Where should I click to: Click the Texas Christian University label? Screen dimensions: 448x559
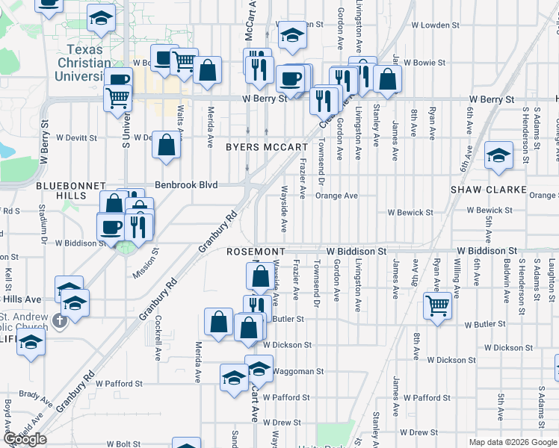[83, 63]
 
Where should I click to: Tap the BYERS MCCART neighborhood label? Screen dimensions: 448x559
[267, 148]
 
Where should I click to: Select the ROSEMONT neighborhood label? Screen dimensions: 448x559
[256, 252]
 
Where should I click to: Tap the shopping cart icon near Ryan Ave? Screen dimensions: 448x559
[438, 305]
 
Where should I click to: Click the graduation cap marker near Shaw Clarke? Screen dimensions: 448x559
[499, 155]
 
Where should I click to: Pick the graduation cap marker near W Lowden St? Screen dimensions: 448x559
[292, 34]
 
